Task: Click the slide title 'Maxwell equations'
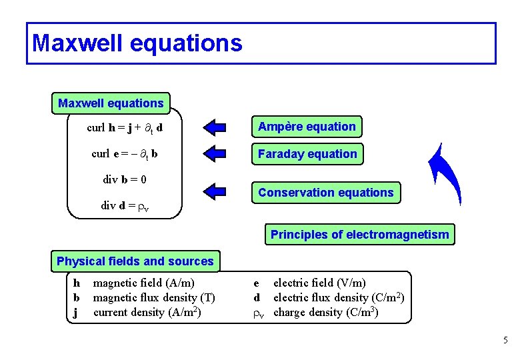coord(137,43)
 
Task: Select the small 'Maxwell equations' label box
coord(111,103)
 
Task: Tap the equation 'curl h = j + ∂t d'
coord(125,127)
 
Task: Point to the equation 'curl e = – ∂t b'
coord(125,154)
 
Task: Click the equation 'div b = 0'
coord(125,179)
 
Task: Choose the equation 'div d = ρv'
coord(125,205)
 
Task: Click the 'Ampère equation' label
coord(307,127)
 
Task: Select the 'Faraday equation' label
coord(307,154)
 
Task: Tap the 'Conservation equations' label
coord(326,193)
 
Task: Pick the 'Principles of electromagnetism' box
coord(359,235)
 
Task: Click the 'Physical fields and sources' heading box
coord(135,261)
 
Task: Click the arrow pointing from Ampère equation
coord(215,127)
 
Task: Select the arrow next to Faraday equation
coord(215,153)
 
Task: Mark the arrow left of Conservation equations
coord(215,192)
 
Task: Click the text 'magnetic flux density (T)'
coord(154,298)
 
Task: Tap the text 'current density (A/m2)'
coord(147,312)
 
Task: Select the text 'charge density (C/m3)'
coord(326,312)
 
